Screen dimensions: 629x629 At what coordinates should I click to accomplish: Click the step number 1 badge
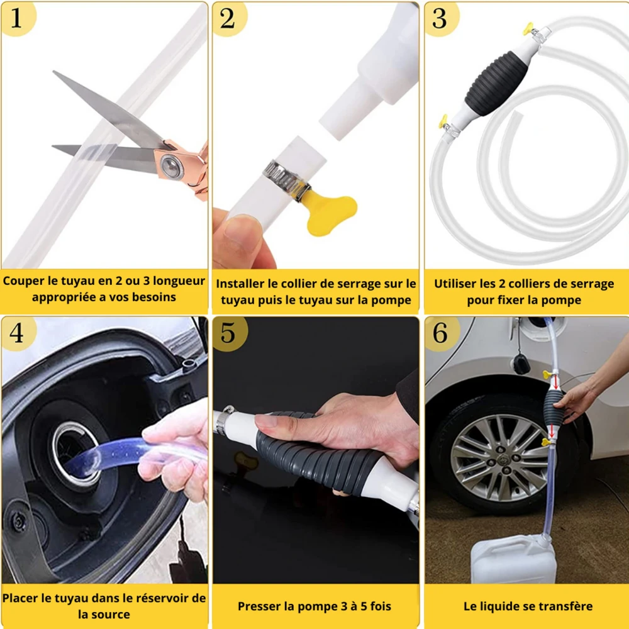[x=18, y=18]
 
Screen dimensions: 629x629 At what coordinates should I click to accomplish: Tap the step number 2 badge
[x=229, y=18]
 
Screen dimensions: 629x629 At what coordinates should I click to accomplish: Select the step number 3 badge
[x=442, y=18]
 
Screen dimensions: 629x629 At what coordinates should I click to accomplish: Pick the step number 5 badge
[x=230, y=333]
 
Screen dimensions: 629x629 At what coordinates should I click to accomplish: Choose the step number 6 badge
[x=442, y=333]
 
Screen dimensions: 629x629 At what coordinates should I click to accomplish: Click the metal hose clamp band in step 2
[x=286, y=179]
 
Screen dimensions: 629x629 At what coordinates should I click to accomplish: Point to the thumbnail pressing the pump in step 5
[x=265, y=420]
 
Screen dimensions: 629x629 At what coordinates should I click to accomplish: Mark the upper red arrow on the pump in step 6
[x=555, y=382]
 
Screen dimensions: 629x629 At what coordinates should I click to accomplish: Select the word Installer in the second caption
[x=240, y=284]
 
